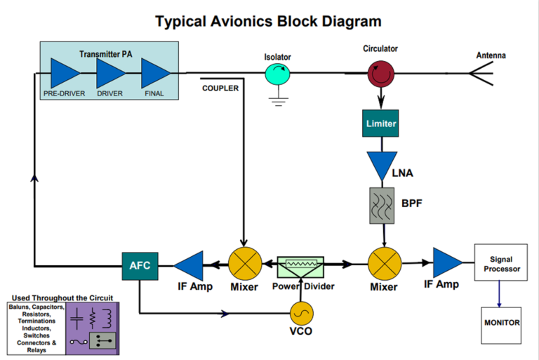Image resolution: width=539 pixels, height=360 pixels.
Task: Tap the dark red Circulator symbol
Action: click(x=381, y=71)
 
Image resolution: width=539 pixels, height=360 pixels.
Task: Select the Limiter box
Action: click(x=381, y=124)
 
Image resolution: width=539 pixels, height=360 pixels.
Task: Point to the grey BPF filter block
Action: click(x=381, y=204)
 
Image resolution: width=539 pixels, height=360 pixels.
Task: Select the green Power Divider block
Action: click(x=301, y=266)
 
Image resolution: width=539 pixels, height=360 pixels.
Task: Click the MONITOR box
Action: click(x=501, y=323)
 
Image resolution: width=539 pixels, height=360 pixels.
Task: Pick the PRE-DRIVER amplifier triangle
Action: click(x=65, y=72)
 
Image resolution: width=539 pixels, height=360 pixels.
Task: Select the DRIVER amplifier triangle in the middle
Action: click(x=110, y=72)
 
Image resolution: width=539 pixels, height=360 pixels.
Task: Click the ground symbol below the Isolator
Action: click(x=278, y=100)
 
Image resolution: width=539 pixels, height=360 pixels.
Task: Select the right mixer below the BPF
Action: click(x=385, y=265)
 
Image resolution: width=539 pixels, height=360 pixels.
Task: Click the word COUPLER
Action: click(x=220, y=88)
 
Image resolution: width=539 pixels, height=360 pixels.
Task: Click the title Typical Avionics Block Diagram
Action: click(x=269, y=21)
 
